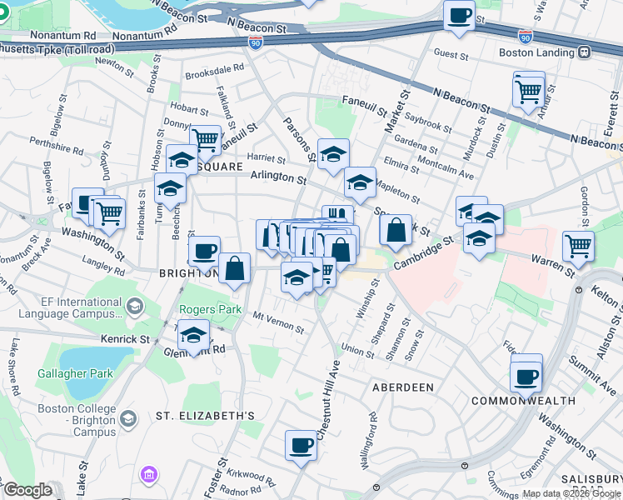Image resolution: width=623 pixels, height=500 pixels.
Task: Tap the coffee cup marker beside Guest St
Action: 459,16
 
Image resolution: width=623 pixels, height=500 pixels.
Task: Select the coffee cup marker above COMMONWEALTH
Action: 526,377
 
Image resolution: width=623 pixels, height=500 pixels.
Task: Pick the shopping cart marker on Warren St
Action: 578,246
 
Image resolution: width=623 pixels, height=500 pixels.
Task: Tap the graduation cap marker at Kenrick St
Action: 194,337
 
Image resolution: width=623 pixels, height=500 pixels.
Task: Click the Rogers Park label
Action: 209,310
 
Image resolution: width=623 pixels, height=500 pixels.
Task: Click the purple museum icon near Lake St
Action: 150,475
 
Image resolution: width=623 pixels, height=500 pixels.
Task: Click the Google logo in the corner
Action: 27,490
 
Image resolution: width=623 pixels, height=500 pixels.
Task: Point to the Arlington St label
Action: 278,177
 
